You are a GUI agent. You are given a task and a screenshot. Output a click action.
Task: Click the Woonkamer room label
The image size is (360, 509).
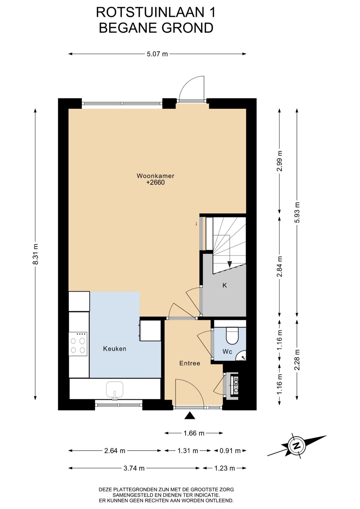pyautogui.click(x=155, y=176)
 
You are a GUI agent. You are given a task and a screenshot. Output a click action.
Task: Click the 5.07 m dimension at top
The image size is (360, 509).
pyautogui.click(x=157, y=54)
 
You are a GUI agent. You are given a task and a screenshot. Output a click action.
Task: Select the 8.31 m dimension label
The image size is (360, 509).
pyautogui.click(x=35, y=254)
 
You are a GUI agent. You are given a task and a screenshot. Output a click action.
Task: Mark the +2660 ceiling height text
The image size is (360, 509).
pyautogui.click(x=155, y=182)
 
